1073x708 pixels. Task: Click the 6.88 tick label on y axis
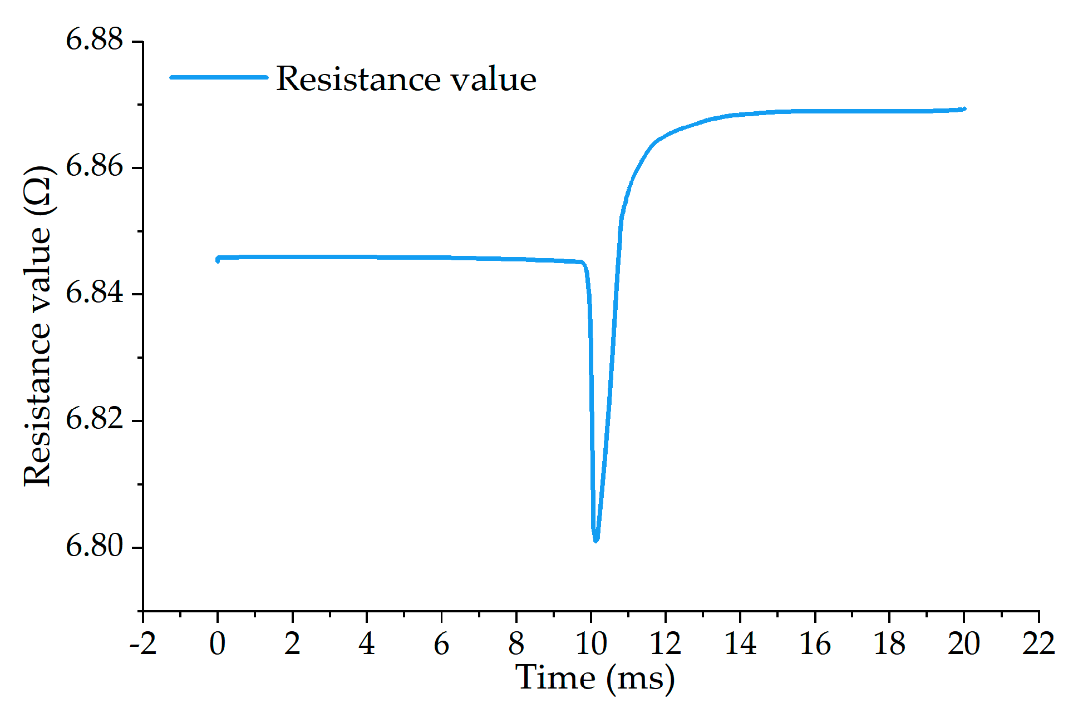click(x=94, y=40)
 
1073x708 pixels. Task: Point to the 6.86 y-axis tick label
click(x=94, y=166)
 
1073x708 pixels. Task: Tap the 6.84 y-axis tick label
click(x=94, y=293)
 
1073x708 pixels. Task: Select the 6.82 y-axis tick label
click(x=94, y=419)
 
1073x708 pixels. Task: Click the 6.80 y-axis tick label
click(x=94, y=546)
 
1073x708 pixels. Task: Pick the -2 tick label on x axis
click(x=142, y=644)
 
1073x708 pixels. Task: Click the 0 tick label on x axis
click(x=218, y=644)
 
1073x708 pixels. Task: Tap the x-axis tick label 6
click(x=441, y=644)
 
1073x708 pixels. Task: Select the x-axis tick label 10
click(x=590, y=644)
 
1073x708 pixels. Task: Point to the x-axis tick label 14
click(x=740, y=644)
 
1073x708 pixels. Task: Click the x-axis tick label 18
click(x=889, y=644)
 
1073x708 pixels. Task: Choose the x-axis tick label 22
click(x=1038, y=644)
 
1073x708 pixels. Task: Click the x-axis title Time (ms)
click(x=594, y=678)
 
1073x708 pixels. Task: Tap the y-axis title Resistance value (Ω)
click(x=38, y=325)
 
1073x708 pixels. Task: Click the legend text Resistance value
click(x=406, y=78)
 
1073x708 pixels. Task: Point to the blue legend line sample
click(x=219, y=77)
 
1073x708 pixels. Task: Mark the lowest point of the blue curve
click(x=595, y=539)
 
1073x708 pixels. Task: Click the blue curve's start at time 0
click(x=218, y=259)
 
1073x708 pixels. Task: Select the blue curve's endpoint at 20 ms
click(x=964, y=109)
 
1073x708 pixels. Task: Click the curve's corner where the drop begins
click(x=582, y=263)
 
